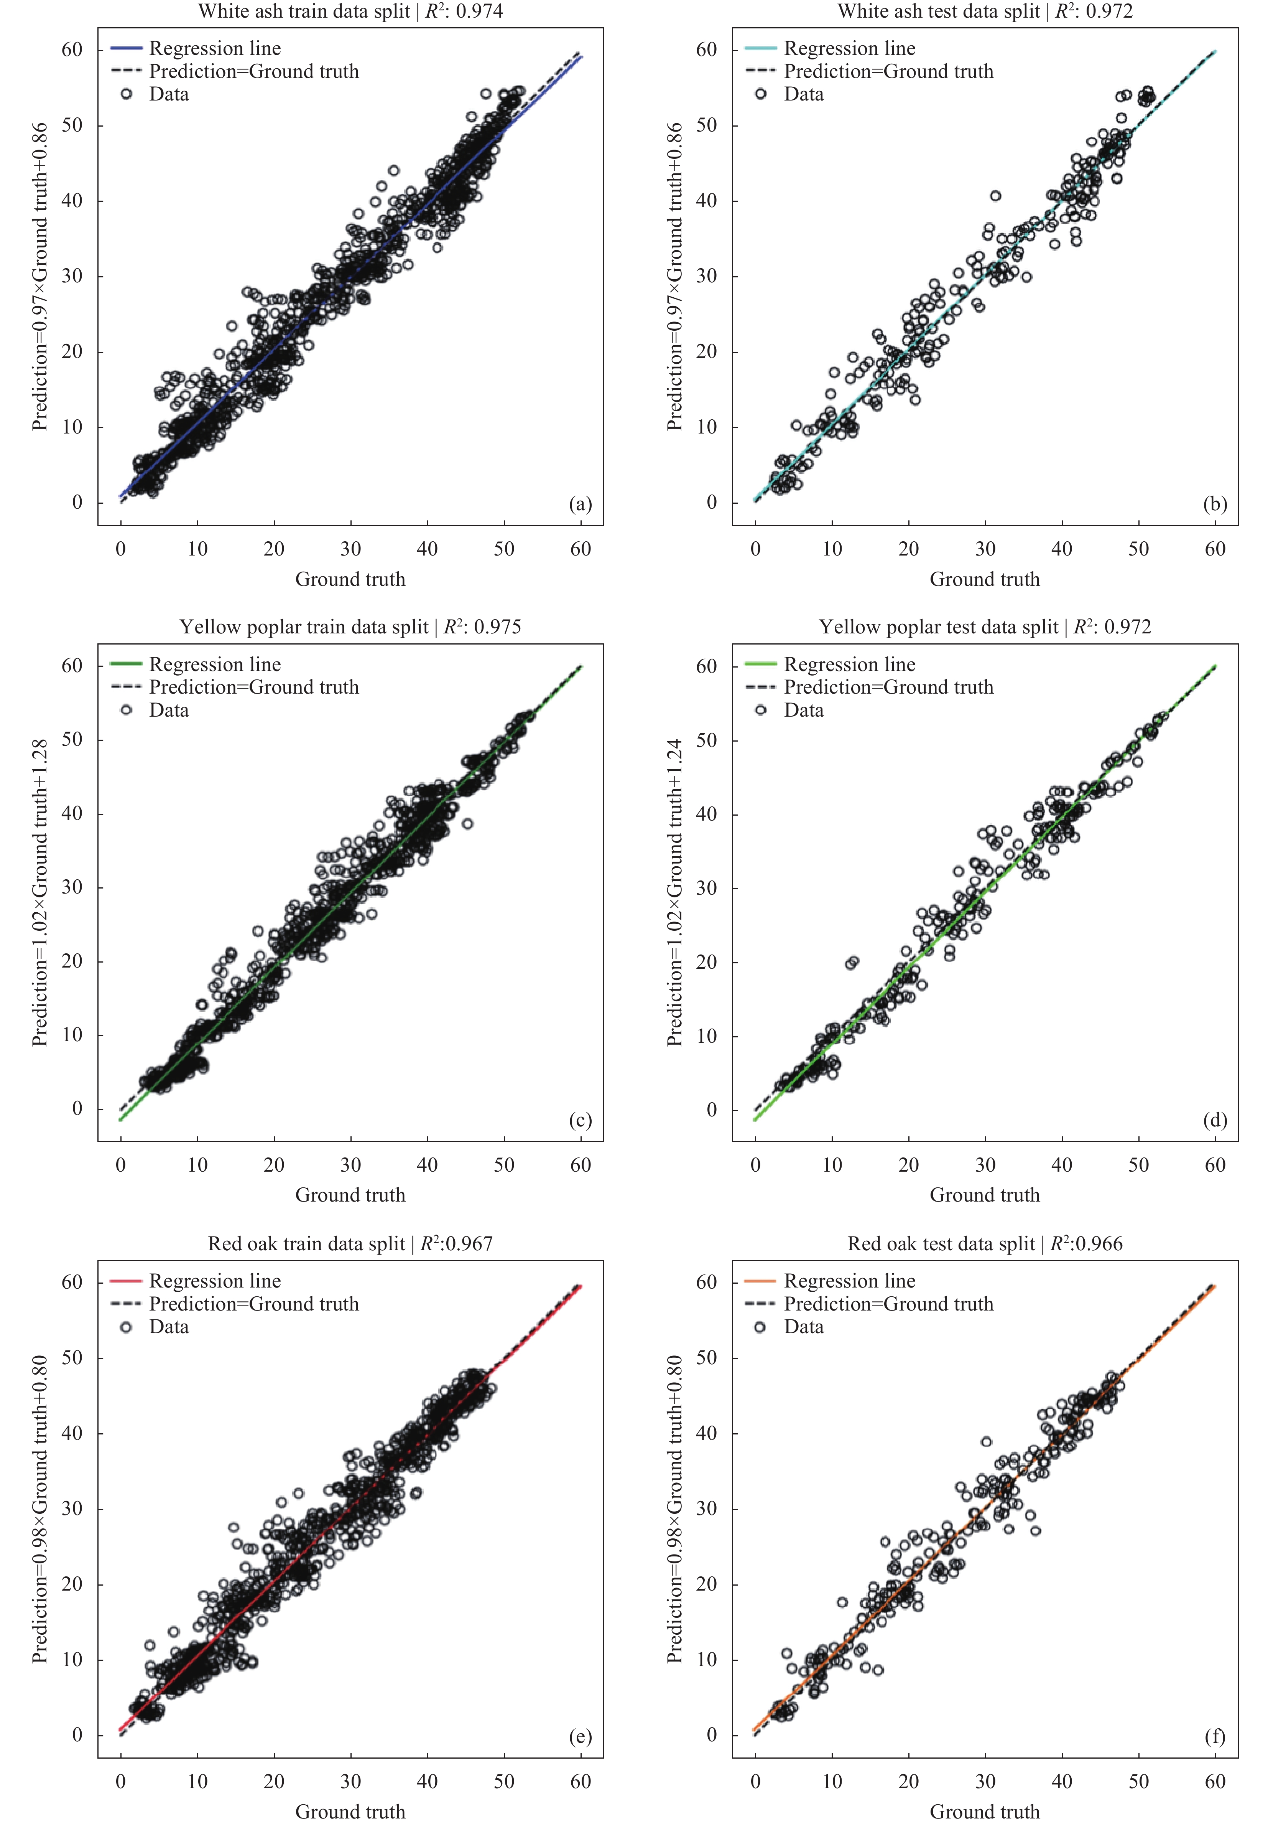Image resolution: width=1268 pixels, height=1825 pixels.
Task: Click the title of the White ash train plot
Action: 350,11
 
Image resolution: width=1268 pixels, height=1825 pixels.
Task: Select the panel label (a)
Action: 580,504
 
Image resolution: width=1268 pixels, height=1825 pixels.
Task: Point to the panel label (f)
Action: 1215,1737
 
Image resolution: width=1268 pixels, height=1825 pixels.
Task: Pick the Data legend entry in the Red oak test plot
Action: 803,1327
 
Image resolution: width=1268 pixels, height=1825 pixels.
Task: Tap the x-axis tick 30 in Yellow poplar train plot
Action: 350,1165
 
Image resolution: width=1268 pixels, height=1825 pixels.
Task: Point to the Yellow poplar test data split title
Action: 984,627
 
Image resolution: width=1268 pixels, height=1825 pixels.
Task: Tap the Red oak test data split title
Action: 984,1244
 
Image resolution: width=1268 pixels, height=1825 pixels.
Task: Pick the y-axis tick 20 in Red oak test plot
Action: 706,1584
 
